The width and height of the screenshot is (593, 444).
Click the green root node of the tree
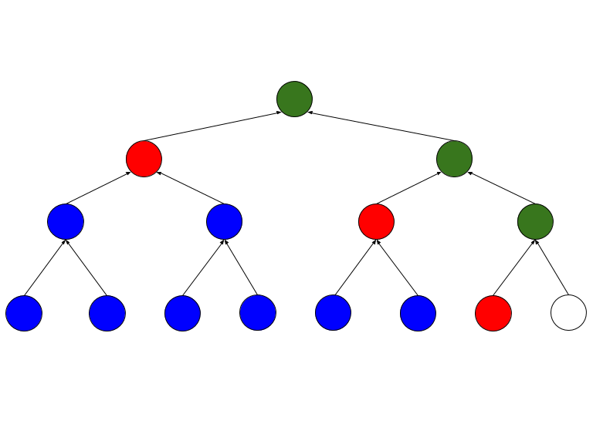294,99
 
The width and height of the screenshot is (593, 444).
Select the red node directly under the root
144,159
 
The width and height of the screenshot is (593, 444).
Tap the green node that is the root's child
454,159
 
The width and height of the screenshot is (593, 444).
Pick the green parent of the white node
535,222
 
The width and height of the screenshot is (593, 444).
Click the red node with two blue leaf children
376,222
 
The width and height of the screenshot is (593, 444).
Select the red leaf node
493,313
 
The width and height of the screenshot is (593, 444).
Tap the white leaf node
568,313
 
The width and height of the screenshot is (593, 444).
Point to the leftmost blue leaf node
24,313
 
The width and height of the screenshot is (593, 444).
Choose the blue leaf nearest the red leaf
418,313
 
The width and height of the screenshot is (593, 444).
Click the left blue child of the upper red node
66,222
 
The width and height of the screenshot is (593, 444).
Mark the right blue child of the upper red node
224,222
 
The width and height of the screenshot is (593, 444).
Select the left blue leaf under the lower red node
333,313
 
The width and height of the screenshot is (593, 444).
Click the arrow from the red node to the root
210,127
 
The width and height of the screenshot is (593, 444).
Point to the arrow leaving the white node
552,267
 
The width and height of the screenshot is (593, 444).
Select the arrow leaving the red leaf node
513,267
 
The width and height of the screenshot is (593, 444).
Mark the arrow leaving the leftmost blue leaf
45,267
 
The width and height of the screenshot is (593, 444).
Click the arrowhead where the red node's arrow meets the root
278,113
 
